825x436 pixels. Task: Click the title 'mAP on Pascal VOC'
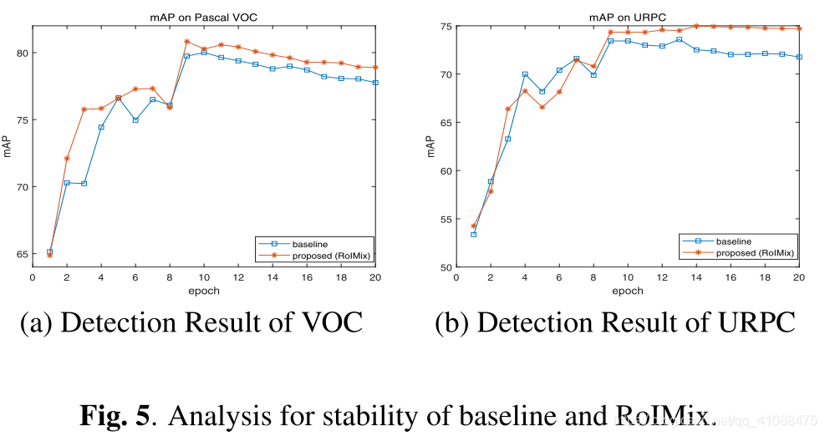[204, 18]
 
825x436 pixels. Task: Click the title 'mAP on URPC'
[627, 18]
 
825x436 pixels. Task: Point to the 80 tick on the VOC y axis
[23, 53]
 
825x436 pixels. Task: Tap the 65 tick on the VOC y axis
[23, 254]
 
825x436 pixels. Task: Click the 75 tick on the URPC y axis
[446, 26]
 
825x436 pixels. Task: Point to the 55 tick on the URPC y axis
[446, 220]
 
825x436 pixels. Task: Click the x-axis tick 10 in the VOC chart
[204, 277]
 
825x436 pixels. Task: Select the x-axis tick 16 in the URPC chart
[731, 277]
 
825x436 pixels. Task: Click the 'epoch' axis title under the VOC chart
[204, 291]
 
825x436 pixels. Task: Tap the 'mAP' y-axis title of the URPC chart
[430, 146]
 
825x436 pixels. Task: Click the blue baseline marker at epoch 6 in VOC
[135, 120]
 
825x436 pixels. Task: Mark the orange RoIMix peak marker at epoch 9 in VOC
[186, 41]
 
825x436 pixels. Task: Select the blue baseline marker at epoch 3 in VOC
[84, 184]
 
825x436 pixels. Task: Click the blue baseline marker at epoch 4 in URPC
[525, 74]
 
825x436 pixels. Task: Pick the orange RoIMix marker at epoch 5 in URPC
[542, 107]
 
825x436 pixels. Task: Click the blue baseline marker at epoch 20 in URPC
[799, 57]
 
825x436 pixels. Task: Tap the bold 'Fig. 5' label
[115, 415]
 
